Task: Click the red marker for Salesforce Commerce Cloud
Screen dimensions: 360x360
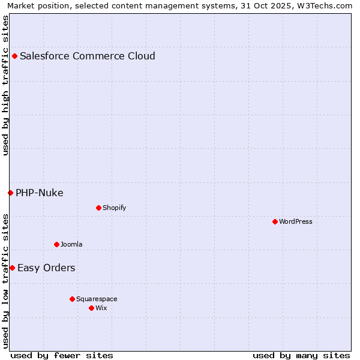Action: pos(14,56)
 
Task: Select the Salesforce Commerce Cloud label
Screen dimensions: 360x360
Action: pos(87,56)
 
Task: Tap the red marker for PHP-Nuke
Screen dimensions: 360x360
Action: pos(10,193)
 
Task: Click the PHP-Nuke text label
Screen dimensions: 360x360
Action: pos(39,193)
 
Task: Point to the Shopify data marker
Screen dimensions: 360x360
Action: pos(98,208)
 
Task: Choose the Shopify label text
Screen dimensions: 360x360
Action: pos(114,208)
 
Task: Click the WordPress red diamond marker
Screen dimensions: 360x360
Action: pos(275,222)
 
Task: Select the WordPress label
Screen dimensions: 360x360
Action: pos(295,222)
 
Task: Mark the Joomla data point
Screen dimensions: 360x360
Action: pos(56,244)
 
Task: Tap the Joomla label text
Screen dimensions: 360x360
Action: pos(71,244)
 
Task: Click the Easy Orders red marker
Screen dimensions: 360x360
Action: pos(12,268)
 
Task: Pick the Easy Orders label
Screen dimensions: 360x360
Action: pos(46,268)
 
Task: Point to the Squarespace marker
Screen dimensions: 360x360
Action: pos(72,299)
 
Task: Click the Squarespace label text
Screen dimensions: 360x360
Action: pos(97,299)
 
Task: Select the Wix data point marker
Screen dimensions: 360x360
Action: pos(91,308)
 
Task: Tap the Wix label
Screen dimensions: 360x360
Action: pos(101,308)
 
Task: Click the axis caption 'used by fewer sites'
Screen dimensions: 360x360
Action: pos(62,355)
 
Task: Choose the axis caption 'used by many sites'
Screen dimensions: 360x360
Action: pos(301,355)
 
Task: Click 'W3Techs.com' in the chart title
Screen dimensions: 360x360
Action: pos(324,5)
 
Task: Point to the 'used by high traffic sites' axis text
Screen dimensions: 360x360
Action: pos(5,85)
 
